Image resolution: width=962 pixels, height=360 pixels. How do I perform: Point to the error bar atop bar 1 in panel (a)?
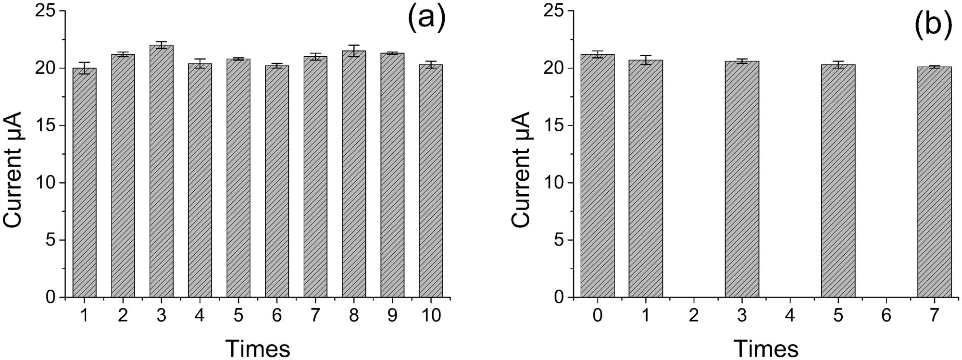coord(85,68)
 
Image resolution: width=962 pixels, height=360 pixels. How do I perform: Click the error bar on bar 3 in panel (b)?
coord(742,61)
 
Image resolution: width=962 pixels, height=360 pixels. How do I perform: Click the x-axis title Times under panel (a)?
coord(258,348)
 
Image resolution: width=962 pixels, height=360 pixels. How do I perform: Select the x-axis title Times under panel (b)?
coord(766,348)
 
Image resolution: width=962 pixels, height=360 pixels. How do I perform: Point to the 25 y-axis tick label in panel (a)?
coord(48,11)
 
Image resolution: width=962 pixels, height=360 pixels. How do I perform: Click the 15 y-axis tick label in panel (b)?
coord(556,125)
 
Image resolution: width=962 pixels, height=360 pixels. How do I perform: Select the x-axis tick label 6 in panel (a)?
coord(277,316)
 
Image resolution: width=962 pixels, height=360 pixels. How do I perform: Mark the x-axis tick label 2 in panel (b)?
coord(694,316)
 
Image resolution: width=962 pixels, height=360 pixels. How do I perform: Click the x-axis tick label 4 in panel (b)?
coord(790,316)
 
